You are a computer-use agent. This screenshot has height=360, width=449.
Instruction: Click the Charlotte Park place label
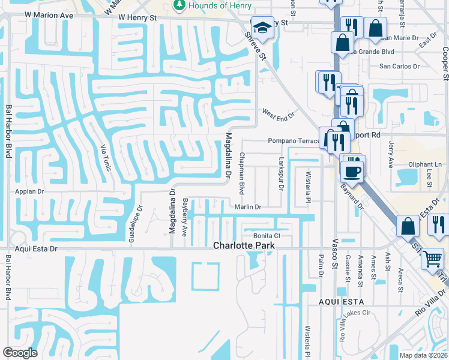(244, 245)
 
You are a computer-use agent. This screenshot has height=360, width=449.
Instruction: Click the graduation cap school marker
(262, 28)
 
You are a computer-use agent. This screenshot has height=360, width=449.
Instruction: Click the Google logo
(20, 352)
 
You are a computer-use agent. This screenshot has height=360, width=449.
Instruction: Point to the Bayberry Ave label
(185, 217)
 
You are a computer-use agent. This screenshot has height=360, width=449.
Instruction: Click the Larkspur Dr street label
(280, 173)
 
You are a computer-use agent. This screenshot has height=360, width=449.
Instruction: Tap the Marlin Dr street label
(248, 207)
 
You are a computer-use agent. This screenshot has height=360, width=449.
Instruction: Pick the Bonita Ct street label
(267, 236)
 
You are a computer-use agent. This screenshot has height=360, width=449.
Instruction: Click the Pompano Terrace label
(294, 141)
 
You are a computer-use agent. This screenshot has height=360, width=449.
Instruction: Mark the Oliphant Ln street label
(425, 164)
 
